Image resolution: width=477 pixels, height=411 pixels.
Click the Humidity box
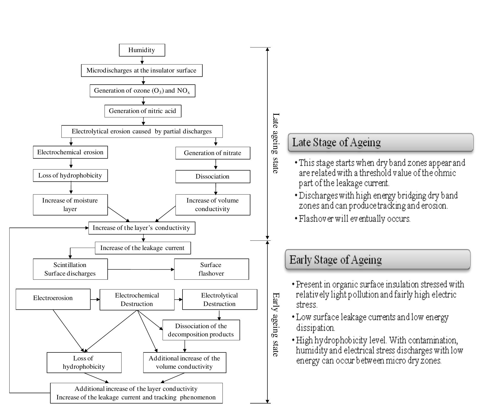(x=142, y=50)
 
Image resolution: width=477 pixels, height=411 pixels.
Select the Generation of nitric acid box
(x=143, y=111)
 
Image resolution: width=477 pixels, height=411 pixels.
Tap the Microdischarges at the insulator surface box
(x=141, y=70)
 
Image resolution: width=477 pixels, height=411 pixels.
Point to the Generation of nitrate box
(x=212, y=153)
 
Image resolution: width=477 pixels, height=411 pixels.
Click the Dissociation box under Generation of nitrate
(x=212, y=176)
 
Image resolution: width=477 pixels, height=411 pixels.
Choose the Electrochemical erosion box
(x=70, y=152)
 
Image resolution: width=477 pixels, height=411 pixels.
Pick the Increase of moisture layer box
(x=70, y=205)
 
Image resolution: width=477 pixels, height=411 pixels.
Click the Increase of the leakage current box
(x=142, y=248)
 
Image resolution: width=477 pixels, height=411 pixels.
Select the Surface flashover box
(x=211, y=269)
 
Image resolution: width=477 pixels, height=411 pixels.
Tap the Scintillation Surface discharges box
(x=70, y=269)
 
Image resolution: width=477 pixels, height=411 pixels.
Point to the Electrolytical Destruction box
(x=219, y=299)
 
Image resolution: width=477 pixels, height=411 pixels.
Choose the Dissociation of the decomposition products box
(x=201, y=330)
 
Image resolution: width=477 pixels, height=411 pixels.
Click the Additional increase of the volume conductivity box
(x=184, y=362)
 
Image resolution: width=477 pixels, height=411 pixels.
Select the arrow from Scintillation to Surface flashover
(x=141, y=269)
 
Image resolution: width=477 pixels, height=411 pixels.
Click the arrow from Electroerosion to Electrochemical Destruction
(x=95, y=299)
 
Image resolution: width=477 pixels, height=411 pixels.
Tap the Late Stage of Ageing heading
(x=336, y=142)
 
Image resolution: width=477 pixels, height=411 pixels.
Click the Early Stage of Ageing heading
(x=335, y=260)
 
